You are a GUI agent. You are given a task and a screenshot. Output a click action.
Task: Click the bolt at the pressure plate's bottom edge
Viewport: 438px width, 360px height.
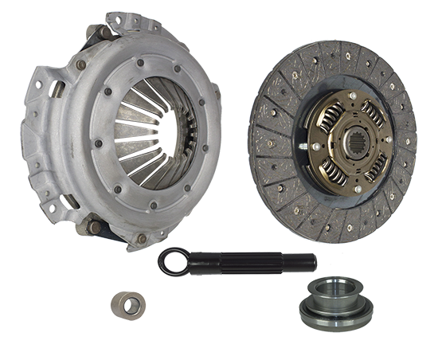pyautogui.click(x=143, y=237)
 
